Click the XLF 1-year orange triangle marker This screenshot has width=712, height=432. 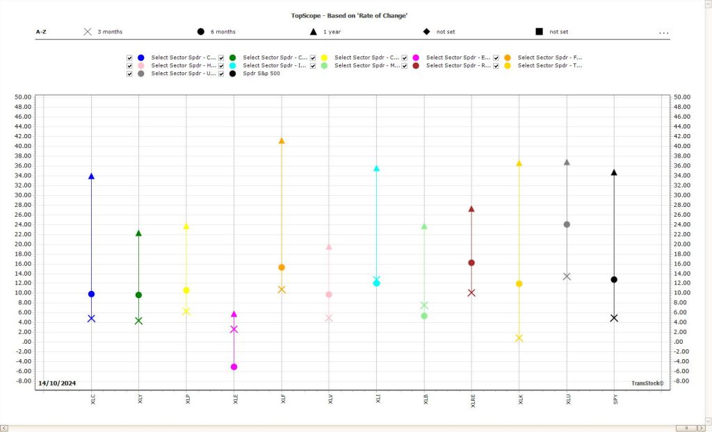pyautogui.click(x=282, y=141)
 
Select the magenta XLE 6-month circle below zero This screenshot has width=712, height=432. pyautogui.click(x=234, y=367)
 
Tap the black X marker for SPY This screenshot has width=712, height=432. pyautogui.click(x=614, y=318)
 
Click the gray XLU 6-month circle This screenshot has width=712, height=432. pyautogui.click(x=567, y=224)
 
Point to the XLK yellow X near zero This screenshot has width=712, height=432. pyautogui.click(x=519, y=338)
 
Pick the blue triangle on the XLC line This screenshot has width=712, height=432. pyautogui.click(x=91, y=176)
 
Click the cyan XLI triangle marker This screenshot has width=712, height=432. pyautogui.click(x=376, y=169)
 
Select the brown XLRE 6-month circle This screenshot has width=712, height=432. pyautogui.click(x=471, y=263)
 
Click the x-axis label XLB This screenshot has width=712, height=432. pyautogui.click(x=425, y=399)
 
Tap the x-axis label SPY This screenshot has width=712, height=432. pyautogui.click(x=615, y=399)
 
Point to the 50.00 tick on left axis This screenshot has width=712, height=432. pyautogui.click(x=23, y=97)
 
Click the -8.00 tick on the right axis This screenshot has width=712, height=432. pyautogui.click(x=681, y=381)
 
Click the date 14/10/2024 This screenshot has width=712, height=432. pyautogui.click(x=57, y=383)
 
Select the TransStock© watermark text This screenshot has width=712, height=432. pyautogui.click(x=647, y=383)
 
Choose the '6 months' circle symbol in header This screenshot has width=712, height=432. pyautogui.click(x=201, y=32)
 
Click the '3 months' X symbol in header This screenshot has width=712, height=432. pyautogui.click(x=88, y=32)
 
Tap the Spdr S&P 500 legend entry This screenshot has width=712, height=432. pyautogui.click(x=261, y=73)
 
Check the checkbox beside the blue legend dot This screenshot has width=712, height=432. pyautogui.click(x=129, y=58)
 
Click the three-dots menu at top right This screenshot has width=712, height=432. pyautogui.click(x=663, y=33)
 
